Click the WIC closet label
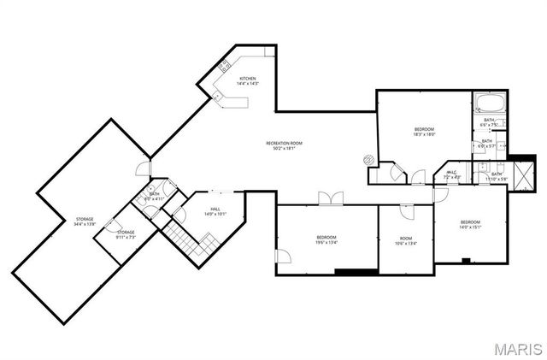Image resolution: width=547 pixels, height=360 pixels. tap(453, 174)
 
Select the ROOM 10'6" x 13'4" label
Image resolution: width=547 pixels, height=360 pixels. tap(406, 240)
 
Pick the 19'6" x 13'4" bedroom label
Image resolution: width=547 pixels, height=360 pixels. tap(326, 239)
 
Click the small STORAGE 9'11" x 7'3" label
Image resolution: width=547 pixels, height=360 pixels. tap(126, 234)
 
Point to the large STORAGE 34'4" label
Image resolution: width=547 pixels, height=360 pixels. tap(83, 221)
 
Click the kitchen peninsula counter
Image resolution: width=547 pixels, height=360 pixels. tap(231, 102)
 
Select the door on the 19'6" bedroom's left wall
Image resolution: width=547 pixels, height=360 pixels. tap(280, 254)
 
